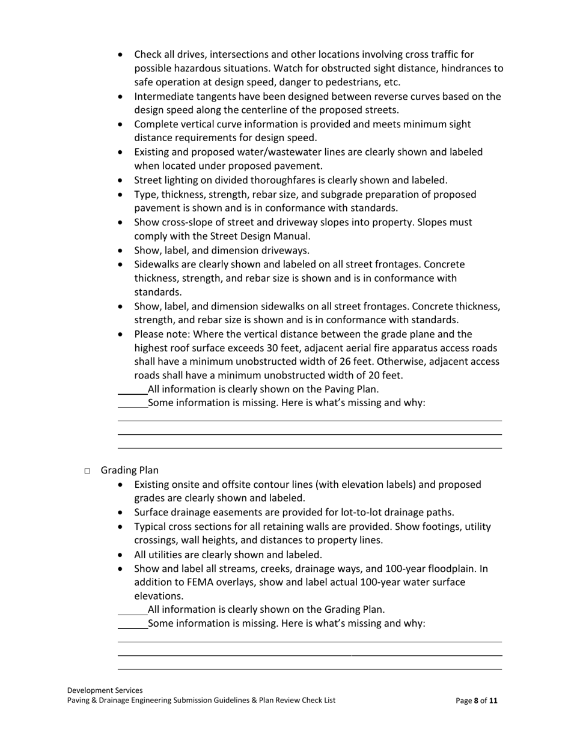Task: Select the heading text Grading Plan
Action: click(129, 470)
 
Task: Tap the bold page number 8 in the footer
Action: click(476, 701)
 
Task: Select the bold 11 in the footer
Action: click(493, 701)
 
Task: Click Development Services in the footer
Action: click(105, 690)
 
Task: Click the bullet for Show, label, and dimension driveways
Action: click(122, 251)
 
